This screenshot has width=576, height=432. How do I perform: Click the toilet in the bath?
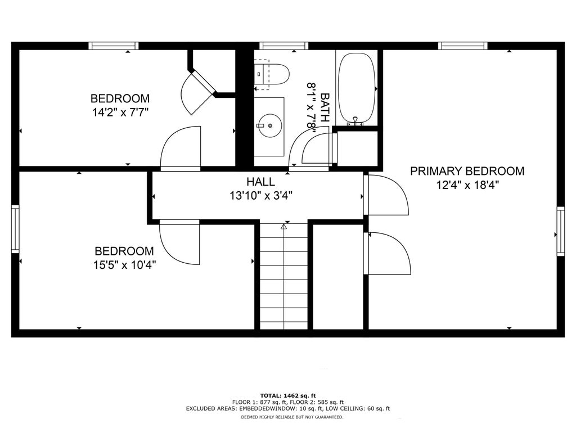click(272, 74)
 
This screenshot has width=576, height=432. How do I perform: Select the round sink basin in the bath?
click(270, 125)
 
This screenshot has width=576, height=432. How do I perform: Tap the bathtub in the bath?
click(357, 88)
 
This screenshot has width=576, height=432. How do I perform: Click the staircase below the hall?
click(283, 276)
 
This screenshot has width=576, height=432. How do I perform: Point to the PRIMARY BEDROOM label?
click(467, 171)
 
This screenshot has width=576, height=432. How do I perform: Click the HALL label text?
click(260, 182)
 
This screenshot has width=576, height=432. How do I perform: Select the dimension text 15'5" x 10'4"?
click(124, 264)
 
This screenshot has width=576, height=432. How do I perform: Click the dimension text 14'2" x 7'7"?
click(120, 112)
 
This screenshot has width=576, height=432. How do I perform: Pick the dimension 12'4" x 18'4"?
click(467, 184)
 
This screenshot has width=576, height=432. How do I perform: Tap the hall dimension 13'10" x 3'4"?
click(261, 195)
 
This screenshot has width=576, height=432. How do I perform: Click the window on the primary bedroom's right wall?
click(561, 231)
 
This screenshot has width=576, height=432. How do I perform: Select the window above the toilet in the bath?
click(283, 46)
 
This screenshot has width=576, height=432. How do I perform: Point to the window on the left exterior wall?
click(15, 229)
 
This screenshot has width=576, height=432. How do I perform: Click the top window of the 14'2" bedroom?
click(114, 46)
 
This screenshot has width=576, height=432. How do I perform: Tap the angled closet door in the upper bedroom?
click(199, 92)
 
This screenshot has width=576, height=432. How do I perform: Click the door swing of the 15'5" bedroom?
click(179, 242)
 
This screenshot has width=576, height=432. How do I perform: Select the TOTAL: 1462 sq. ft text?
click(288, 395)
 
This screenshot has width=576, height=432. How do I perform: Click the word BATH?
click(325, 107)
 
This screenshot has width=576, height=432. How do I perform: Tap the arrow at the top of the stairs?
click(283, 227)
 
